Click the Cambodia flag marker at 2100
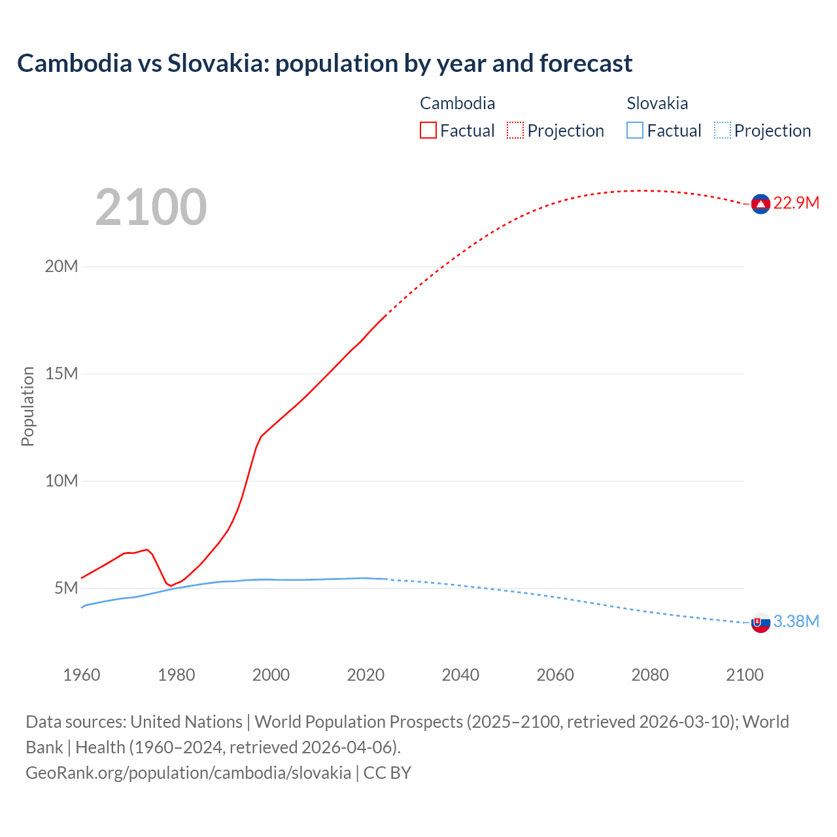click(x=760, y=204)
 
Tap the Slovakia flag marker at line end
click(x=760, y=623)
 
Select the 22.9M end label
click(x=796, y=203)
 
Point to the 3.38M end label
click(x=796, y=622)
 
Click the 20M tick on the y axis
click(x=61, y=267)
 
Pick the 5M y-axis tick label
click(x=66, y=589)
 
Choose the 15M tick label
click(x=61, y=374)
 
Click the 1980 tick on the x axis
click(x=176, y=675)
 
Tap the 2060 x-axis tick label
click(x=555, y=675)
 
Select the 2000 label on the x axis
click(x=271, y=675)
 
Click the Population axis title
click(x=27, y=407)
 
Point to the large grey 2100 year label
click(x=151, y=208)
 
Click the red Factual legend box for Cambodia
click(x=428, y=131)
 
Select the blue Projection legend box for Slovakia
click(x=723, y=131)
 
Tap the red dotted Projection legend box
click(x=515, y=131)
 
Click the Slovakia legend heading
click(x=657, y=103)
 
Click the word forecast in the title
click(x=586, y=63)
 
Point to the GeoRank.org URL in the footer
click(x=188, y=773)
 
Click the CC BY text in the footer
click(x=387, y=773)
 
